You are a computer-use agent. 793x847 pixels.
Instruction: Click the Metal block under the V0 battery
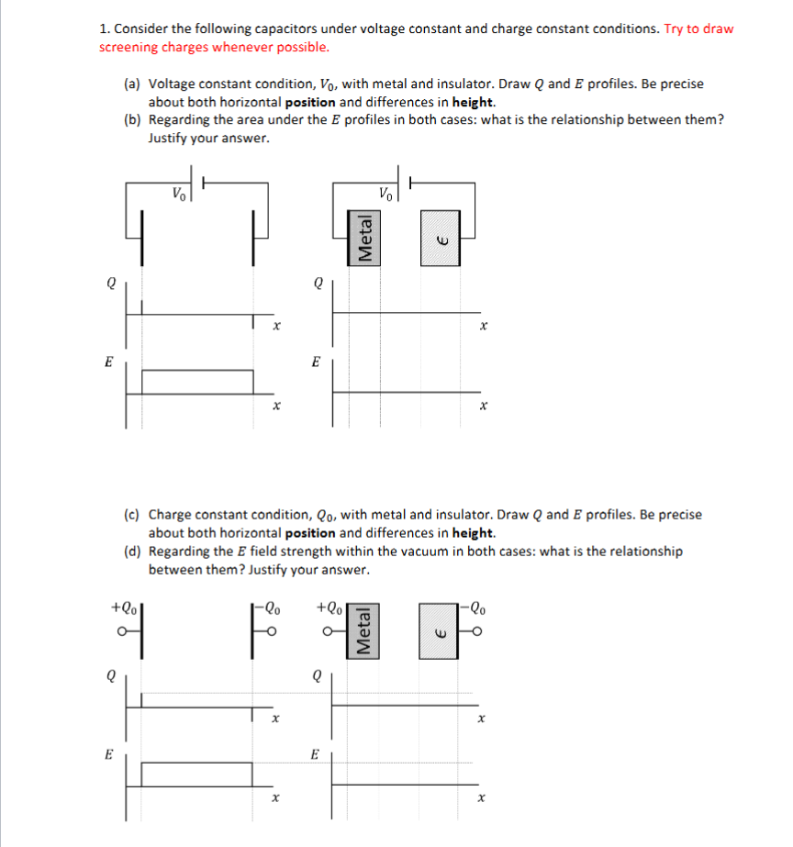coord(365,237)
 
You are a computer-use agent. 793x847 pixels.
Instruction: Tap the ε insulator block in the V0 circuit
coord(440,237)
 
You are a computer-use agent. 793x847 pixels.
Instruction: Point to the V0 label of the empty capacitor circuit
coord(179,193)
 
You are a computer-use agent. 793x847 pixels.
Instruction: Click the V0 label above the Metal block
coord(385,193)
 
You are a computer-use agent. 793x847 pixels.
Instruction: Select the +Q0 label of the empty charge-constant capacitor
coord(124,607)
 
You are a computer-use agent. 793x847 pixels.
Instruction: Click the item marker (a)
coord(133,84)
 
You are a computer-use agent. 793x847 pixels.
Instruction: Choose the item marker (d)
coord(133,552)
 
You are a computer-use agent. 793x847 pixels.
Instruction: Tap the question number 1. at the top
coord(105,28)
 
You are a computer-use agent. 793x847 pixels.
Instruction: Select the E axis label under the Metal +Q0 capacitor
coord(315,754)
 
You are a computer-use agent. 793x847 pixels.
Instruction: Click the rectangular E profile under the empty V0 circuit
coord(197,382)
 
